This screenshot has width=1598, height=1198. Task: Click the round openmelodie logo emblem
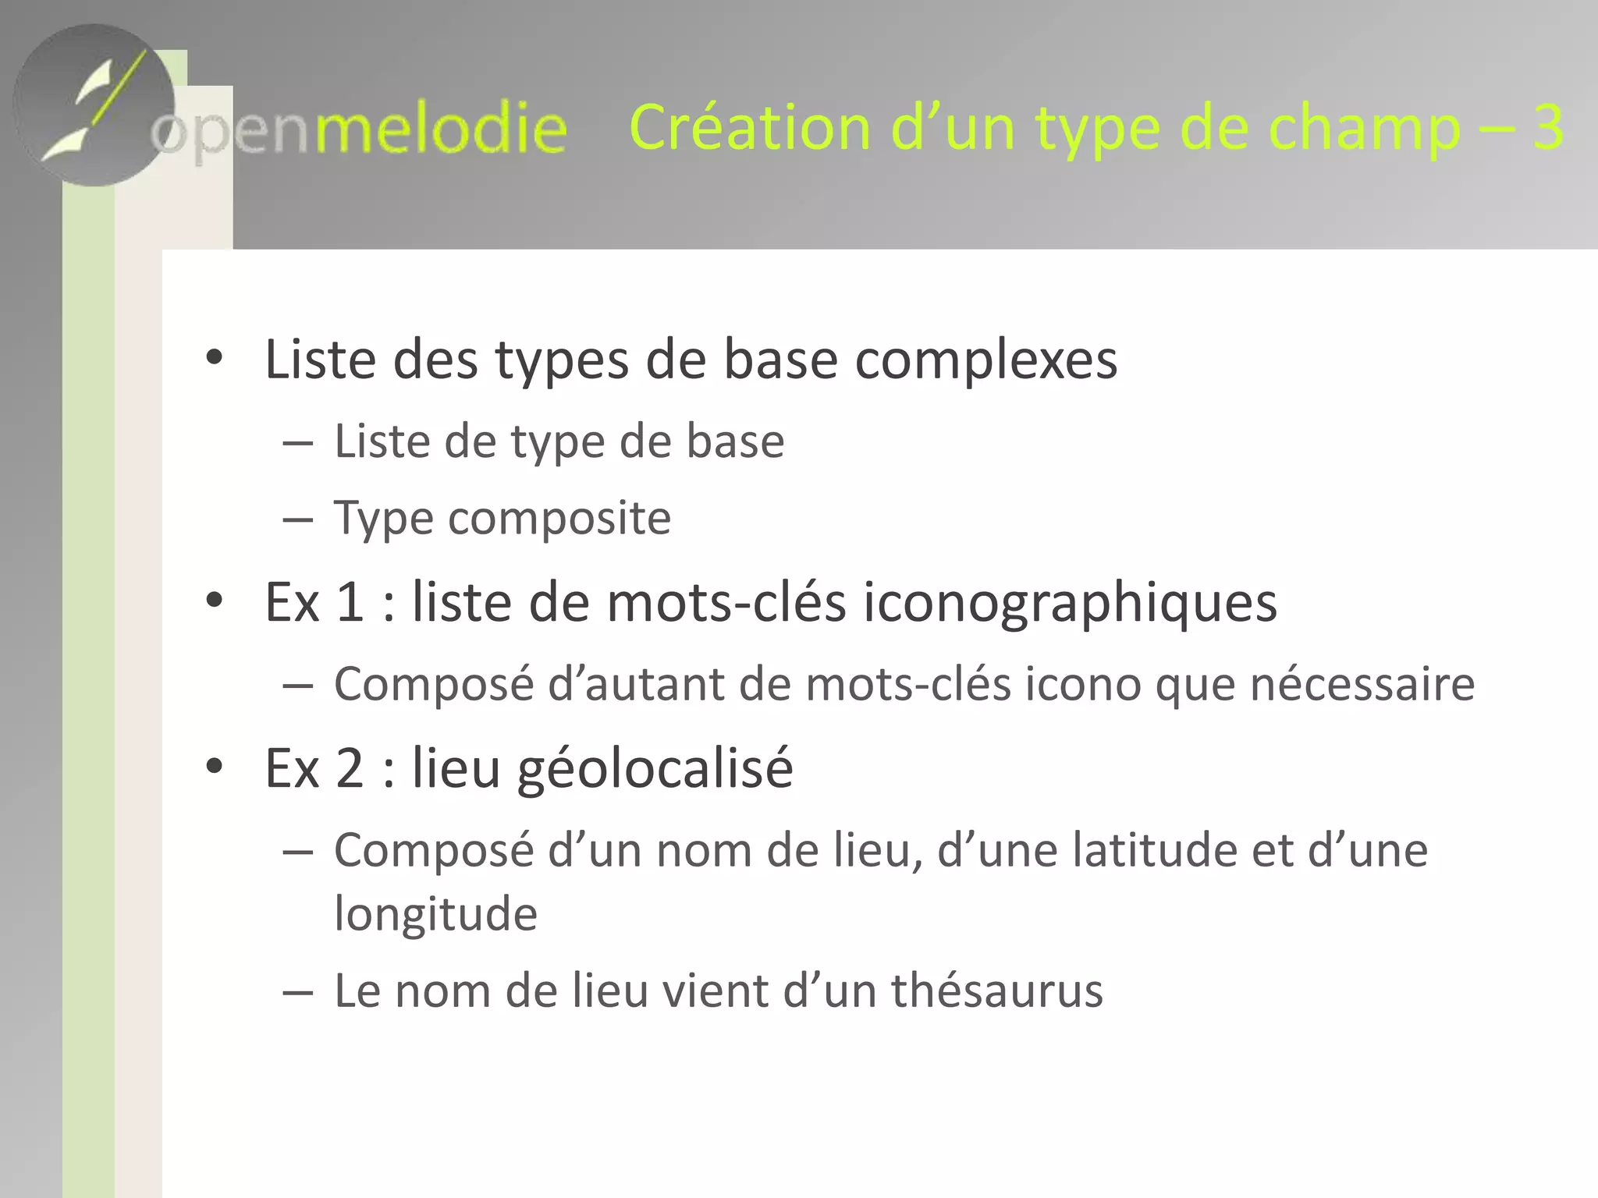coord(94,105)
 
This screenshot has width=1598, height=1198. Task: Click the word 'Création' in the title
coord(749,127)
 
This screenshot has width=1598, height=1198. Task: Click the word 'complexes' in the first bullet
coord(986,360)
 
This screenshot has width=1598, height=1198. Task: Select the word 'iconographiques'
coord(1070,603)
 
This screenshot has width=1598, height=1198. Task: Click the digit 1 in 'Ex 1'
coord(350,602)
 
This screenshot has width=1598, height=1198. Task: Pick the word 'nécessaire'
coord(1362,684)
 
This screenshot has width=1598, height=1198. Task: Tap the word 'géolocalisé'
coord(655,769)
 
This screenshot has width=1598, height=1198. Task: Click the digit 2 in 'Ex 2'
coord(350,768)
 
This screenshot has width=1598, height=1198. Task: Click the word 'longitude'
coord(435,914)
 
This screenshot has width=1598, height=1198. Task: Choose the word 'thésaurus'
coord(996,991)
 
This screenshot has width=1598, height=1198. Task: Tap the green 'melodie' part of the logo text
coord(440,129)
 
